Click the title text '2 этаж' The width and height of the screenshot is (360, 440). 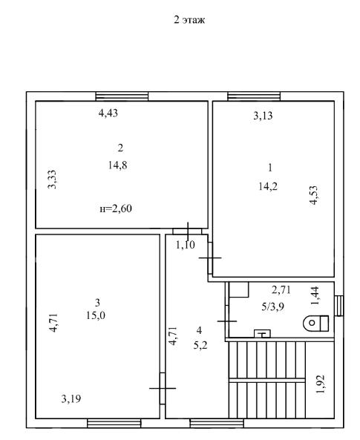click(x=189, y=20)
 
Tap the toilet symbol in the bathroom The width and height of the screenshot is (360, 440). click(x=316, y=323)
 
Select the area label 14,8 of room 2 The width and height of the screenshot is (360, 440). click(x=118, y=165)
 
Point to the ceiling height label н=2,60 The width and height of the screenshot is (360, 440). click(x=116, y=208)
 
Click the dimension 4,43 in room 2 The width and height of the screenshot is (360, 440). click(x=108, y=113)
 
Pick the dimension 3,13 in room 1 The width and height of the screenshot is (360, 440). click(x=263, y=116)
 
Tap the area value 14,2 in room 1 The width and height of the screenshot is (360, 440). click(x=268, y=186)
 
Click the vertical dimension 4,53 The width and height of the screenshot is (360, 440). click(x=314, y=195)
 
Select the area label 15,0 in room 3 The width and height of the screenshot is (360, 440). click(x=96, y=315)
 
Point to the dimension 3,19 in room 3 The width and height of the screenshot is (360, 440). click(x=71, y=398)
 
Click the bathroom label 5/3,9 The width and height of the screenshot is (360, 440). click(x=272, y=306)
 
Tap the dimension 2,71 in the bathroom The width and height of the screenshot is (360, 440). click(x=281, y=290)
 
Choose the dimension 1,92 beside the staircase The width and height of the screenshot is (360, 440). click(x=321, y=384)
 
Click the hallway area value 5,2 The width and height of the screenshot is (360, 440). click(x=200, y=345)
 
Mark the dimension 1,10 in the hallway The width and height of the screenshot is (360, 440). click(x=186, y=245)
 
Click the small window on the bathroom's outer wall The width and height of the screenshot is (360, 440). click(x=339, y=305)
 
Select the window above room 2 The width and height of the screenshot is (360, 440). click(x=122, y=96)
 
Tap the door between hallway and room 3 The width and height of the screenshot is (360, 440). click(x=163, y=388)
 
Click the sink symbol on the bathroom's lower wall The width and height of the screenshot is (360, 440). click(x=262, y=334)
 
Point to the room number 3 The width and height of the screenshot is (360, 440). click(x=97, y=303)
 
